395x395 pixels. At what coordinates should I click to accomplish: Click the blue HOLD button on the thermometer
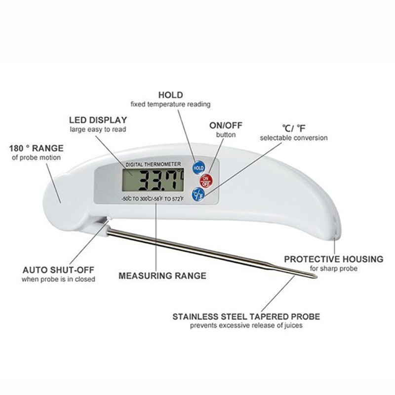pos(198,168)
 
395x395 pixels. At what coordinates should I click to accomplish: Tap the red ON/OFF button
pos(206,180)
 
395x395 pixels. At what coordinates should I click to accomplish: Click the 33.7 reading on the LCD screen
pos(158,180)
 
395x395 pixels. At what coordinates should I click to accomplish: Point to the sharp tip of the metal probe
pos(316,277)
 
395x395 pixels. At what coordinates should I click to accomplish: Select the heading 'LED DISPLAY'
pos(98,120)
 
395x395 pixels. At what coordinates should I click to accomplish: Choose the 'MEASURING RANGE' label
pos(162,276)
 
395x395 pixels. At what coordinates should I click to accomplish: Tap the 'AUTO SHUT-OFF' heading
pos(58,270)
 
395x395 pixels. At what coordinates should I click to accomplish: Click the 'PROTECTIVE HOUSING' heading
pos(334,259)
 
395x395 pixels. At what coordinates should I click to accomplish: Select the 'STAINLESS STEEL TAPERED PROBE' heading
pos(246,316)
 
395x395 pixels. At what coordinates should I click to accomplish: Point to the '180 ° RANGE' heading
pos(36,148)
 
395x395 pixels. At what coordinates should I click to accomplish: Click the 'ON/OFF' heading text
pos(226,125)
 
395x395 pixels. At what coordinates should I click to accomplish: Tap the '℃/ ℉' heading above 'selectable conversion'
pos(293,128)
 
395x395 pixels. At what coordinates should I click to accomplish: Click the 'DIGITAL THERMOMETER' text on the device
pos(153,164)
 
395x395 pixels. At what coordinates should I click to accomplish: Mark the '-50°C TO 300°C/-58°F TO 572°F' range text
pos(153,199)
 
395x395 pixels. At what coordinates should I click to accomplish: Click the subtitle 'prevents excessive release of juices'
pos(246,325)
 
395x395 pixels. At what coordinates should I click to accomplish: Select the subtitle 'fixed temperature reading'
pos(170,104)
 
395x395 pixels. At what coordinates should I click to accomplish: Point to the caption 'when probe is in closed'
pos(58,279)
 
